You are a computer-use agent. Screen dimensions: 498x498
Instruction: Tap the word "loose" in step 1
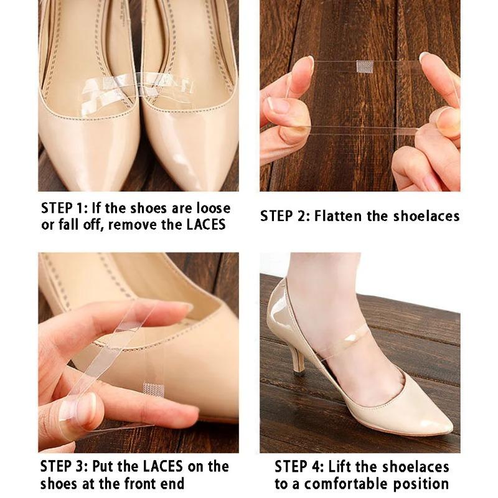(210, 208)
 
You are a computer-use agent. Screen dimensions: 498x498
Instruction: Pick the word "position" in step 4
(423, 484)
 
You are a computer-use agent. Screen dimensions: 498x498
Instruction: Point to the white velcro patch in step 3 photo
(153, 390)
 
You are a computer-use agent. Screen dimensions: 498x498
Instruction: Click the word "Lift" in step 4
(342, 466)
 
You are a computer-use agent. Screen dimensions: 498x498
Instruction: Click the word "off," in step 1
(92, 225)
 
